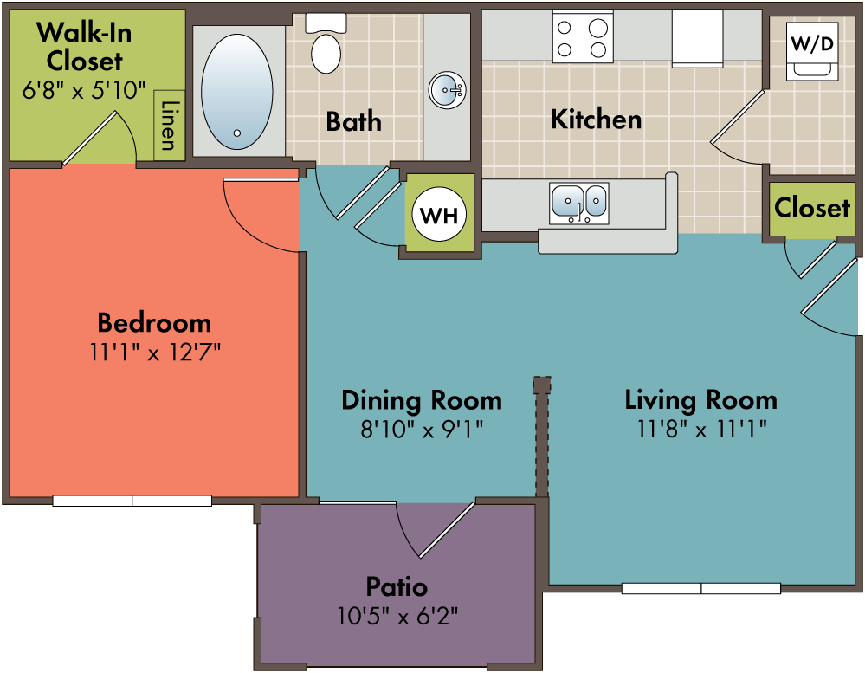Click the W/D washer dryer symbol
[x=812, y=51]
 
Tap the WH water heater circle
[x=439, y=214]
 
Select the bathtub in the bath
[x=236, y=92]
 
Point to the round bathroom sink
[x=448, y=90]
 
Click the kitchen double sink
[x=579, y=204]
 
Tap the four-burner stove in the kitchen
[x=583, y=37]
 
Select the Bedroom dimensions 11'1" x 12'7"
[x=156, y=352]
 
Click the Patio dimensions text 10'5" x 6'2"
[x=397, y=616]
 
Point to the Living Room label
[x=701, y=400]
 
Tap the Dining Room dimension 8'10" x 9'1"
[x=422, y=429]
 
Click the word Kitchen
[x=597, y=120]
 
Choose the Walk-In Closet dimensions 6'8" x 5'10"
[x=84, y=90]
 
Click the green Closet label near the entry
[x=812, y=207]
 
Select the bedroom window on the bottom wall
[x=132, y=501]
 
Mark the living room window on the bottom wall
[x=701, y=589]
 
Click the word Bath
[x=353, y=121]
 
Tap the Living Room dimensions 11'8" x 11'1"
[x=701, y=429]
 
